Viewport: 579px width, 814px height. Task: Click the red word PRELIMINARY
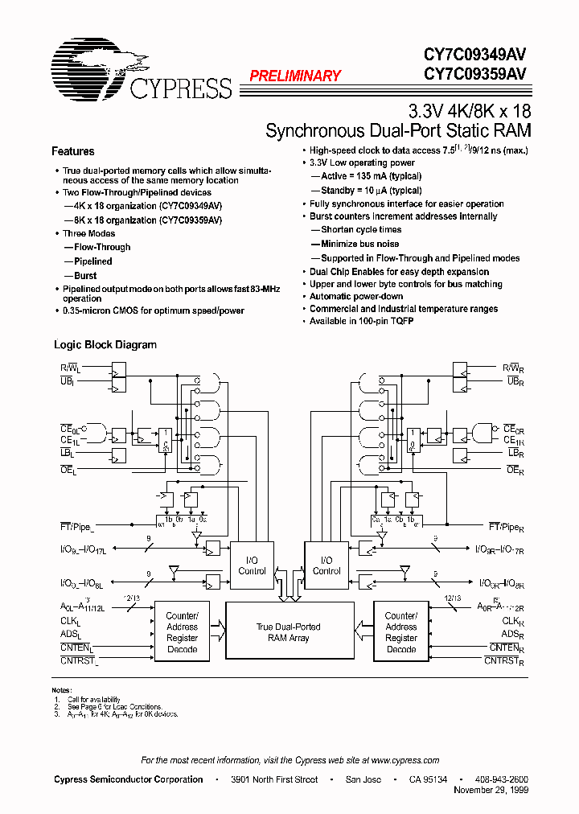pyautogui.click(x=294, y=76)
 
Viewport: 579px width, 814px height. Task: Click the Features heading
pyautogui.click(x=72, y=151)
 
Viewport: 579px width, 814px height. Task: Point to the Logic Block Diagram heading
pyautogui.click(x=105, y=345)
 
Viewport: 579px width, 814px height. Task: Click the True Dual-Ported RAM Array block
pyautogui.click(x=289, y=632)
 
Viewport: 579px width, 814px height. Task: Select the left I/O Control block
pyautogui.click(x=252, y=565)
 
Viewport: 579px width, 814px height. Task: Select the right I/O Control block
pyautogui.click(x=326, y=565)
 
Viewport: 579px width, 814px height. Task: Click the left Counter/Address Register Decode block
pyautogui.click(x=182, y=632)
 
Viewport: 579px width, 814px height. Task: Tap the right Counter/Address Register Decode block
pyautogui.click(x=400, y=632)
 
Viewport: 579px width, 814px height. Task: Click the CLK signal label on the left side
pyautogui.click(x=71, y=622)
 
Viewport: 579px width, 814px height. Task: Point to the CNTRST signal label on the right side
pyautogui.click(x=504, y=661)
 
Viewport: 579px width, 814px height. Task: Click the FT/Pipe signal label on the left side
pyautogui.click(x=76, y=526)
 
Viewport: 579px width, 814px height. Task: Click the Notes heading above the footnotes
pyautogui.click(x=61, y=690)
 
